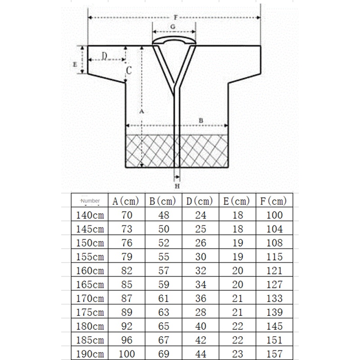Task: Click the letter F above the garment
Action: pyautogui.click(x=175, y=17)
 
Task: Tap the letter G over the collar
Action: pyautogui.click(x=173, y=27)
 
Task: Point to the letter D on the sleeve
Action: pyautogui.click(x=104, y=56)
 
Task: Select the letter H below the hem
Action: pyautogui.click(x=177, y=186)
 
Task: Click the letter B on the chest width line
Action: pyautogui.click(x=201, y=120)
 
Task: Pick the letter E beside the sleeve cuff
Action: pyautogui.click(x=75, y=64)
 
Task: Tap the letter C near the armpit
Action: pyautogui.click(x=129, y=71)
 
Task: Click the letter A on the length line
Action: pyautogui.click(x=141, y=111)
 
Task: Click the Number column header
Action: pyautogui.click(x=90, y=201)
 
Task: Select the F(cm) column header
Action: pyautogui.click(x=274, y=201)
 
